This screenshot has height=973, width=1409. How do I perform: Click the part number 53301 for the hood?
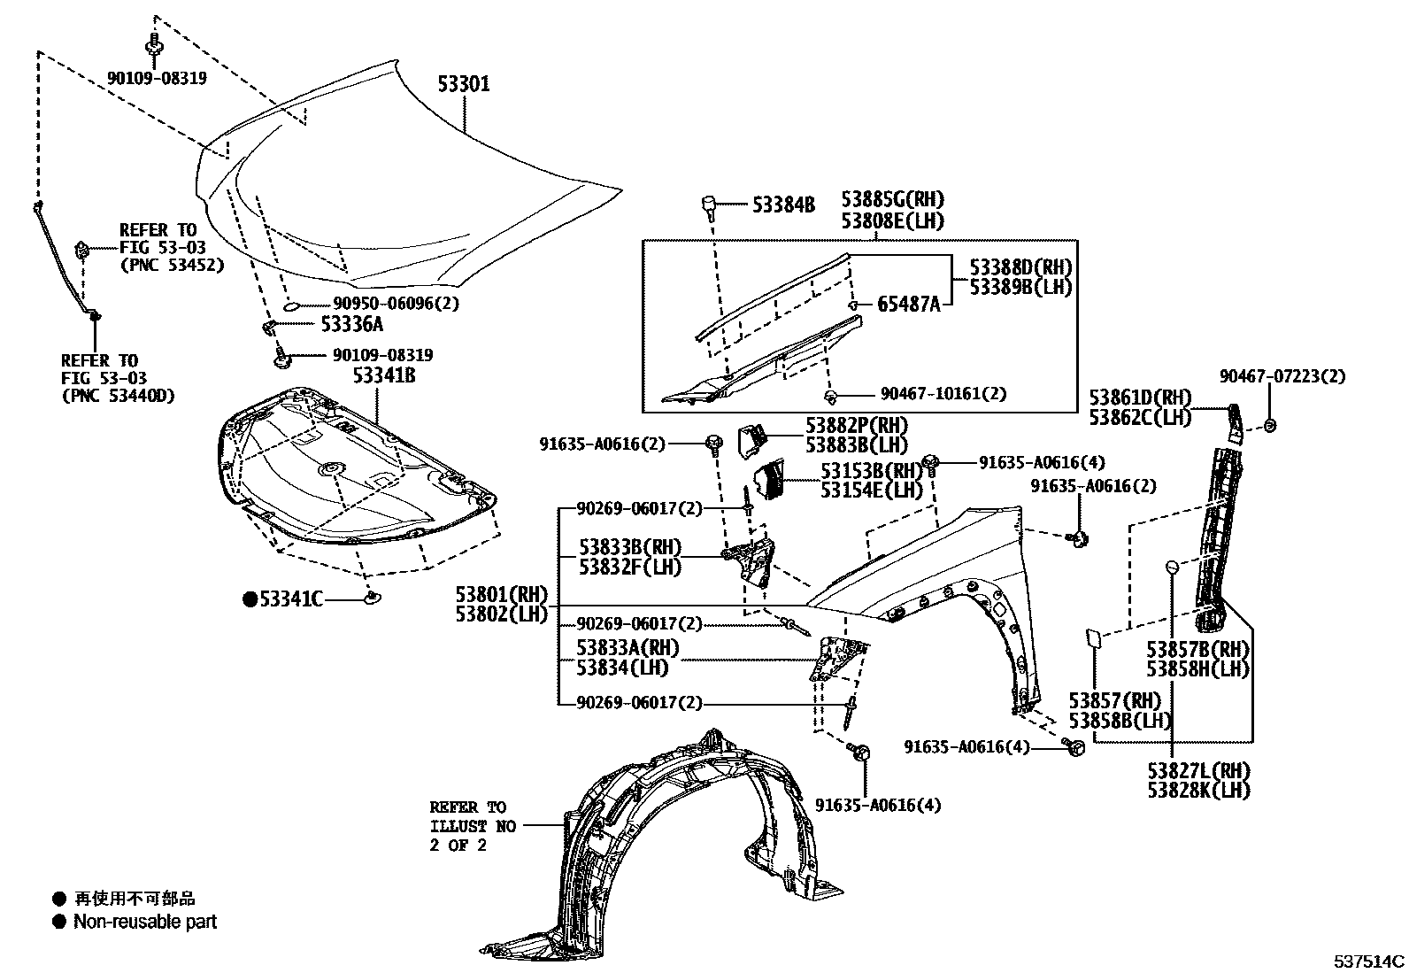[x=464, y=84]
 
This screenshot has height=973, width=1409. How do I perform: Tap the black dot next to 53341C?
[x=250, y=600]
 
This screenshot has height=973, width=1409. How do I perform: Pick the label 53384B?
[x=782, y=205]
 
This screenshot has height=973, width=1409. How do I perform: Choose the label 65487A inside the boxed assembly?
[x=908, y=305]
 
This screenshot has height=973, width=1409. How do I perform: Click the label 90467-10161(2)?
[x=943, y=394]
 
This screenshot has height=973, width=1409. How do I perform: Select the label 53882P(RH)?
[x=857, y=426]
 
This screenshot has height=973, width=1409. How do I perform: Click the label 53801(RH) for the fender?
[x=502, y=594]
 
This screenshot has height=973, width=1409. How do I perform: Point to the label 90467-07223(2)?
[x=1282, y=376]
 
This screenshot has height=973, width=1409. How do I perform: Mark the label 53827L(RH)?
[x=1199, y=770]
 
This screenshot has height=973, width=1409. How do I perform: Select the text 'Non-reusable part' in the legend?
[x=145, y=923]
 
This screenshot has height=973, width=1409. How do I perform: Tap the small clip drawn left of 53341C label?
[x=373, y=599]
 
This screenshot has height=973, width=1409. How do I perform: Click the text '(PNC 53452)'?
[x=172, y=265]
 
